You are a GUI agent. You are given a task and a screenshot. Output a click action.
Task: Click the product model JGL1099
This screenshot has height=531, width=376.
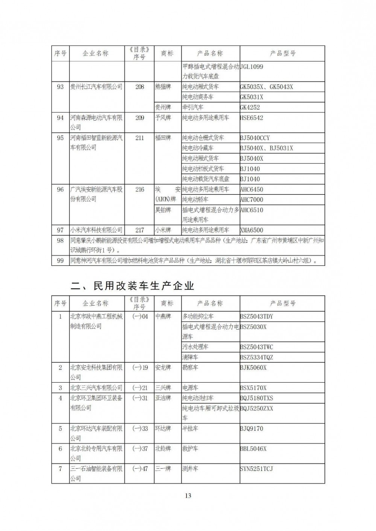[252, 67]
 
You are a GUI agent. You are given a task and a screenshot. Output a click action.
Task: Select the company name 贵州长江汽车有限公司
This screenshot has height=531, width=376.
[96, 87]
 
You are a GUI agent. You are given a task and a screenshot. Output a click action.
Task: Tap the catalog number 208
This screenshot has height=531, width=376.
[139, 87]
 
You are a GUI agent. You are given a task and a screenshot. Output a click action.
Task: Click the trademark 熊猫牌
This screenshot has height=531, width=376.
[163, 87]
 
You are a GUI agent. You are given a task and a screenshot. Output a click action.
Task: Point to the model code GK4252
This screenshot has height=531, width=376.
[250, 107]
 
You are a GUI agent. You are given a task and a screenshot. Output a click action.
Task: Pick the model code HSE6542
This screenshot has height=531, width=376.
[252, 118]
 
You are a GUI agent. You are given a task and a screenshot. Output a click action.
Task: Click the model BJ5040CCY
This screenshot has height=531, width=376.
[255, 138]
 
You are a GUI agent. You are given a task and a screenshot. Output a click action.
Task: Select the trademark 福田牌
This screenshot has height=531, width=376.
[163, 138]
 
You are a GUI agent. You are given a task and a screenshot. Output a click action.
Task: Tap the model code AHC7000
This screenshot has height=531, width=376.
[252, 200]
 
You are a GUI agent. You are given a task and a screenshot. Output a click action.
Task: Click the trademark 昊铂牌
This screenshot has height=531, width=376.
[163, 210]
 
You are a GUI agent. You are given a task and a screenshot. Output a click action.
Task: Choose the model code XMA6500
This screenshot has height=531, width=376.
[252, 230]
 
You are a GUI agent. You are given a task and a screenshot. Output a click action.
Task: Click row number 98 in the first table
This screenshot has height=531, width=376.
[60, 241]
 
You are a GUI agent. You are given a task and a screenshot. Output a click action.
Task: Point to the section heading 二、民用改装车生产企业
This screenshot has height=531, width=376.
[132, 286]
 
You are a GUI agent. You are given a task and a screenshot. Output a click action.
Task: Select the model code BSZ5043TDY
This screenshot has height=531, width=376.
[256, 317]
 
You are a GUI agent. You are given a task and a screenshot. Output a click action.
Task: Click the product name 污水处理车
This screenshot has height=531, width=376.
[196, 347]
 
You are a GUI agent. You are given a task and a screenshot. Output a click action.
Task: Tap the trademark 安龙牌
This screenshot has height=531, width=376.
[163, 368]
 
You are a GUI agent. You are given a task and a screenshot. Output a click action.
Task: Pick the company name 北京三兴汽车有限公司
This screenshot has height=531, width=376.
[96, 388]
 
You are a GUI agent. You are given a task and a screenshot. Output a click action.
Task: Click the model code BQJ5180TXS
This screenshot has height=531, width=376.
[256, 398]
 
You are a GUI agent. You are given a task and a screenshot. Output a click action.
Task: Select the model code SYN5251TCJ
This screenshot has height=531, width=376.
[256, 469]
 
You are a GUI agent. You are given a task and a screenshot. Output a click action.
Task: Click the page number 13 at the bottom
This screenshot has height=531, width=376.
[188, 496]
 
